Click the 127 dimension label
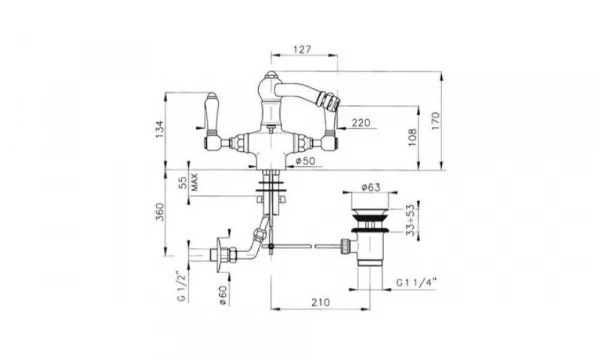(302, 49)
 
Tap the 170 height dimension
(436, 121)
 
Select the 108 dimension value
(412, 137)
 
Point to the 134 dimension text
(160, 129)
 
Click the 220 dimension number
(361, 122)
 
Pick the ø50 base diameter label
(306, 161)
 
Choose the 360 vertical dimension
(160, 212)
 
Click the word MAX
(194, 182)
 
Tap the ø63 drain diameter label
(371, 187)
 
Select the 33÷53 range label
(411, 220)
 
